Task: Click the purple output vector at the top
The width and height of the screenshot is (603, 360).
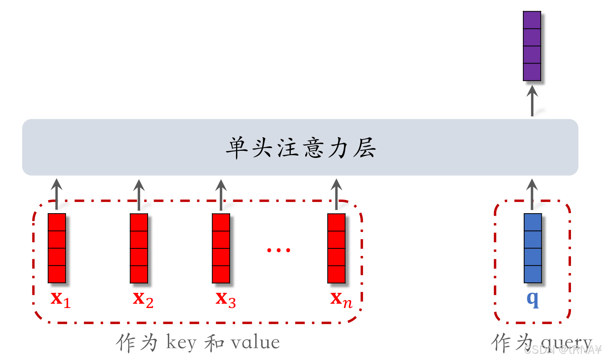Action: click(x=532, y=46)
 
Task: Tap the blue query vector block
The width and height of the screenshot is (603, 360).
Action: click(x=533, y=248)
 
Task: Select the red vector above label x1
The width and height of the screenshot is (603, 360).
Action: click(x=57, y=248)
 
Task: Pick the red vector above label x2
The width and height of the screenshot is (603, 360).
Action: click(x=139, y=248)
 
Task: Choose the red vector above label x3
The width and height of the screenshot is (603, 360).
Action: click(x=221, y=248)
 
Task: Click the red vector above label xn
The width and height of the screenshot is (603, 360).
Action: click(x=337, y=248)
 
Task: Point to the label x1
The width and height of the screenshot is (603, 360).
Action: click(x=60, y=299)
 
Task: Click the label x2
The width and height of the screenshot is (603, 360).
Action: click(x=143, y=299)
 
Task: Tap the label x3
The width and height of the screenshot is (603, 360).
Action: click(x=225, y=299)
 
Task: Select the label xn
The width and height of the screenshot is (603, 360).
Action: click(x=341, y=299)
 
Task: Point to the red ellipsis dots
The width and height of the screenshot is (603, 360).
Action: click(x=278, y=250)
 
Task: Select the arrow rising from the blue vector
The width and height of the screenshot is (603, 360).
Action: click(x=532, y=194)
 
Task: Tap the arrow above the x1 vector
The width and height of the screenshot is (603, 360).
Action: click(x=56, y=194)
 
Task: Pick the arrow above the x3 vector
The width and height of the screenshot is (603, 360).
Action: click(x=221, y=194)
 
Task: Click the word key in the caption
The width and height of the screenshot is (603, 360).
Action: click(x=181, y=343)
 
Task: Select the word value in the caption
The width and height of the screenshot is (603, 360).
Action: click(x=255, y=343)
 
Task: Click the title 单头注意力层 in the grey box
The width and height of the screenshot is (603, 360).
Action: click(x=300, y=148)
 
